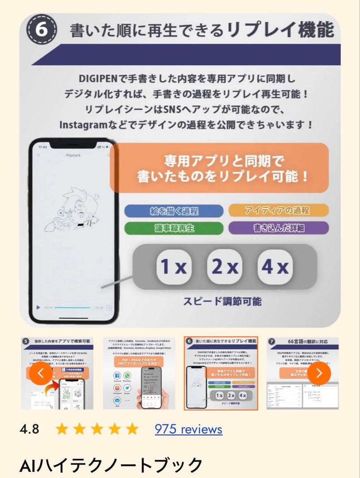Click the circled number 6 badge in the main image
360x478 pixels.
(x=41, y=30)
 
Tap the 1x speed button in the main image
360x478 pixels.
(x=173, y=267)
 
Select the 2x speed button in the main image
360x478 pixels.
(x=225, y=267)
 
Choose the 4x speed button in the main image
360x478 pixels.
(x=275, y=267)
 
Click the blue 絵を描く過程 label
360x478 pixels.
(x=174, y=211)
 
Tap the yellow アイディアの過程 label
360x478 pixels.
(x=278, y=210)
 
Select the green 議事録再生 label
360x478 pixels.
(x=174, y=228)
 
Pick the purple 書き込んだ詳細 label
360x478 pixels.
(x=278, y=228)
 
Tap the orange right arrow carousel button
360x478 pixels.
(x=319, y=373)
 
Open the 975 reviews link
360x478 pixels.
(x=188, y=429)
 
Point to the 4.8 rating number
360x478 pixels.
(x=29, y=429)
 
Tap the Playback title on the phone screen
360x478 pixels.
(x=73, y=155)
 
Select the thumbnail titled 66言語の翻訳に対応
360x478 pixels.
(x=302, y=373)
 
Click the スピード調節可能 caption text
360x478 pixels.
(x=222, y=301)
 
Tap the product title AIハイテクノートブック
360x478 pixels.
(x=111, y=465)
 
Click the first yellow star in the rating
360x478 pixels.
(x=62, y=429)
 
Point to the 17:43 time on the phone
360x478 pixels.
(x=43, y=146)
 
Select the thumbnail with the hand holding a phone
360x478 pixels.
(x=139, y=373)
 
